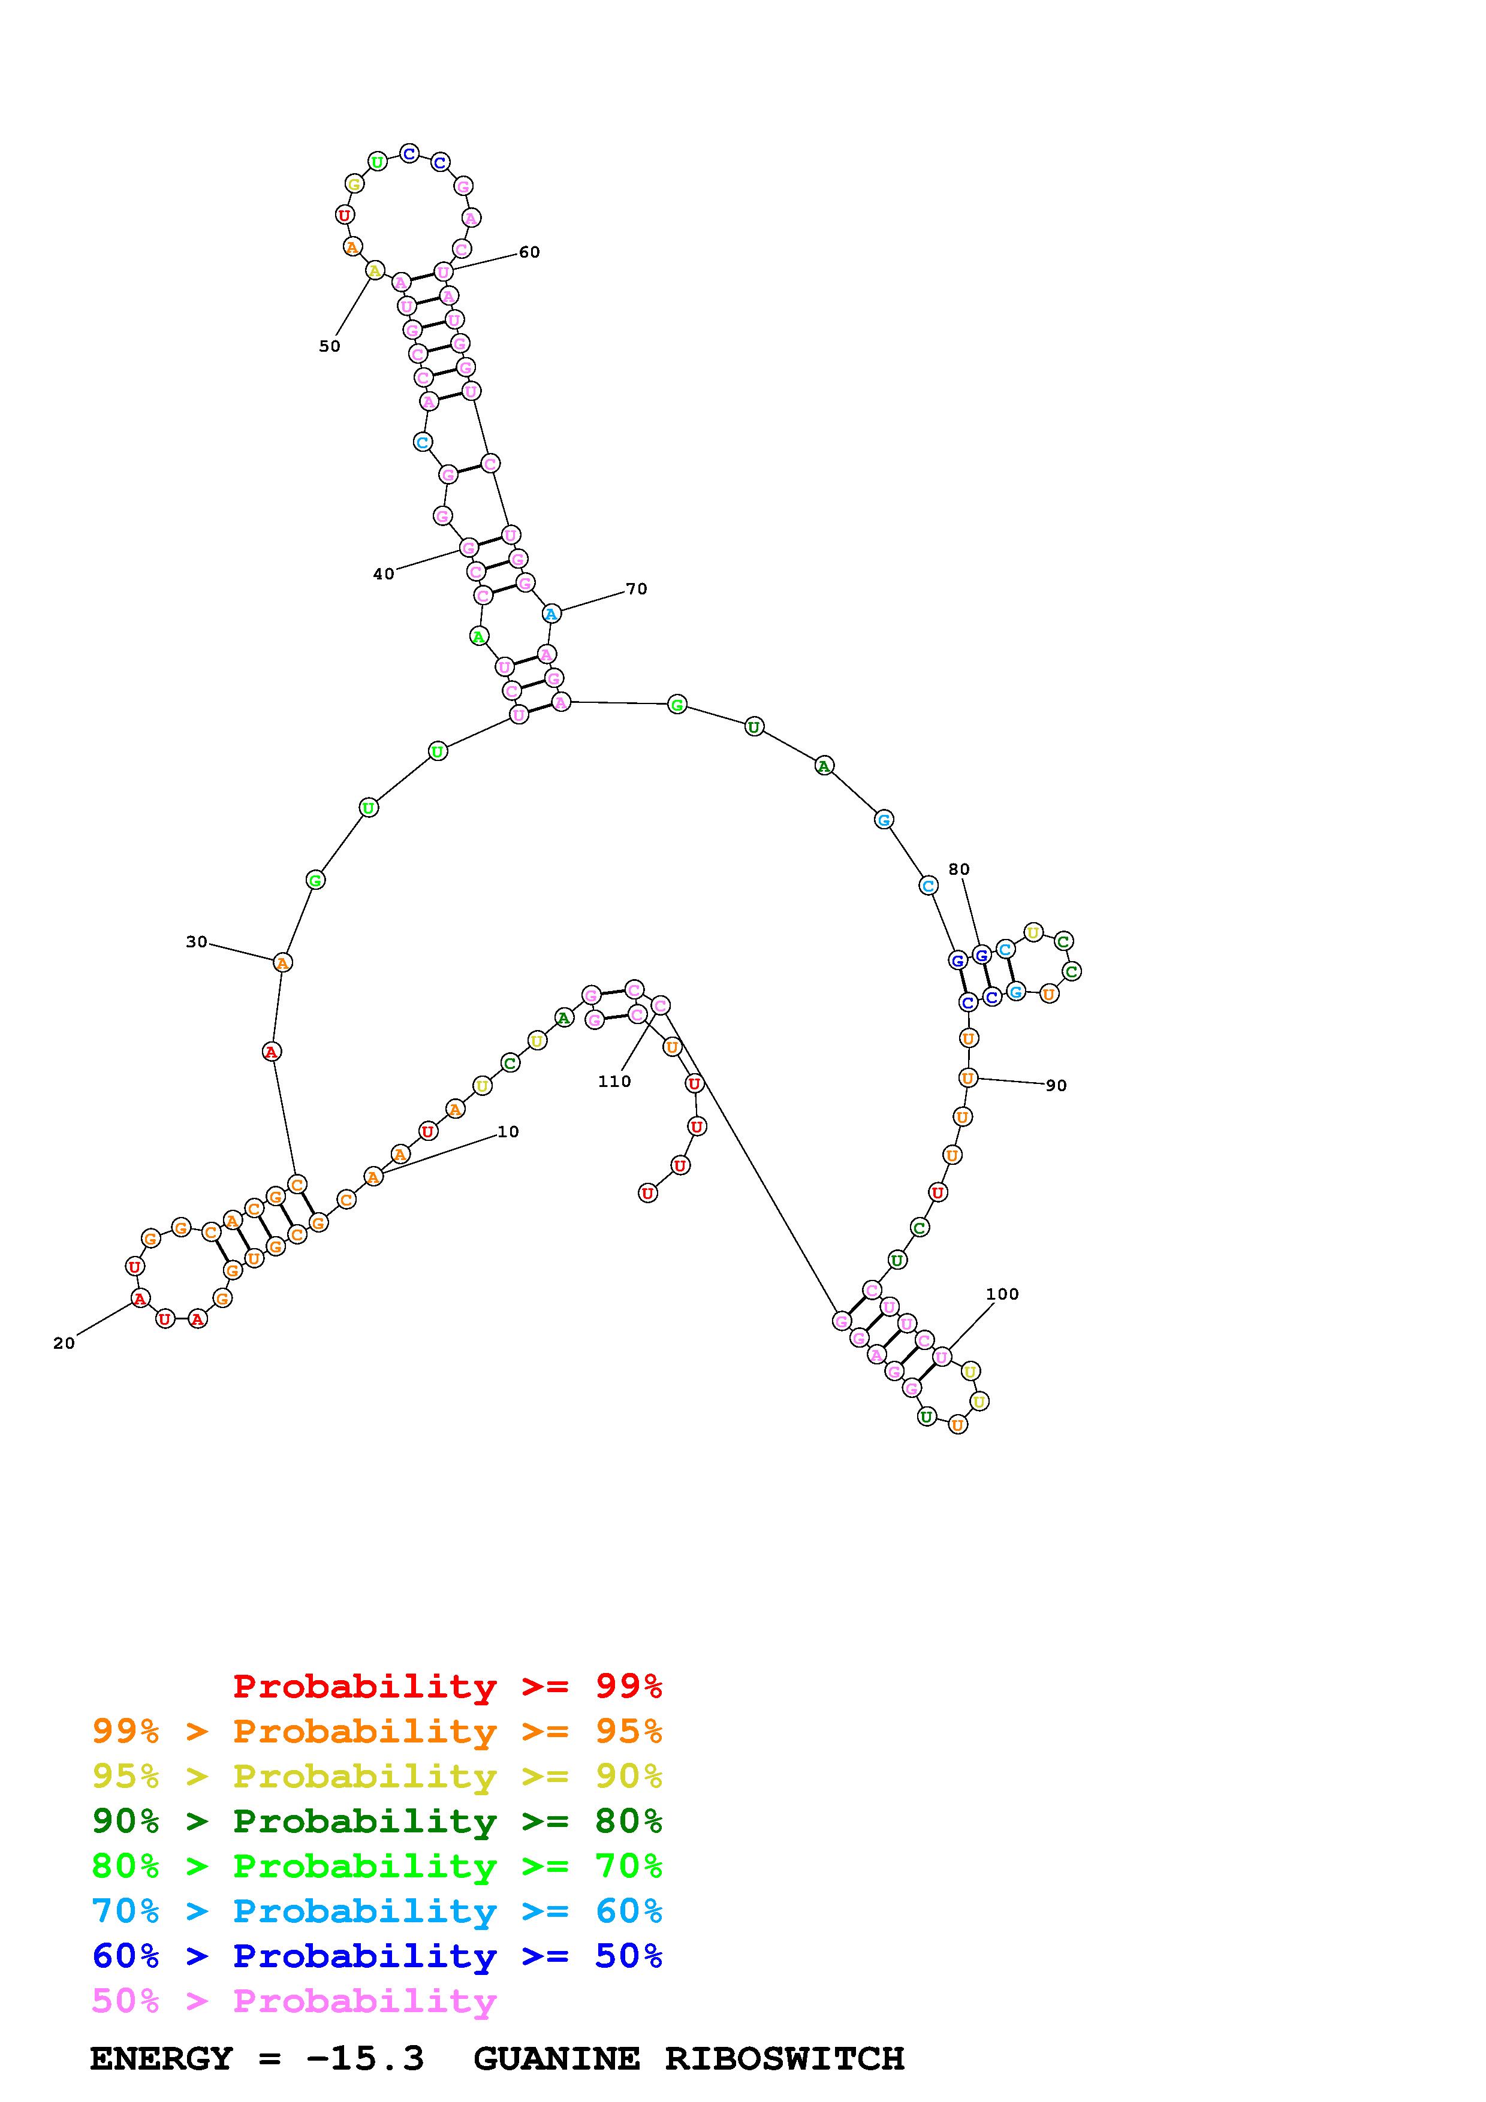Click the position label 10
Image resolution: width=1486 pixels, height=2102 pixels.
pyautogui.click(x=508, y=1131)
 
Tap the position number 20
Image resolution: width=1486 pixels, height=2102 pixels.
pyautogui.click(x=64, y=1343)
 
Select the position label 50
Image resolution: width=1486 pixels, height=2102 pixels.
pyautogui.click(x=330, y=346)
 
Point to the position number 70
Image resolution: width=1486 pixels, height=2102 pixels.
pyautogui.click(x=637, y=588)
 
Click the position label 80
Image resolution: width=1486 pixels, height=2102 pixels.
pyautogui.click(x=958, y=869)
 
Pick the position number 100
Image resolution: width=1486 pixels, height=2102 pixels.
pyautogui.click(x=1003, y=1294)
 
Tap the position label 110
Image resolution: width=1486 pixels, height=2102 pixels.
pyautogui.click(x=614, y=1081)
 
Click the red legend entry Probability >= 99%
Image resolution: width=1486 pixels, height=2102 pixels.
pyautogui.click(x=448, y=1686)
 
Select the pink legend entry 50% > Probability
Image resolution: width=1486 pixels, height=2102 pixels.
pyautogui.click(x=294, y=2001)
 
